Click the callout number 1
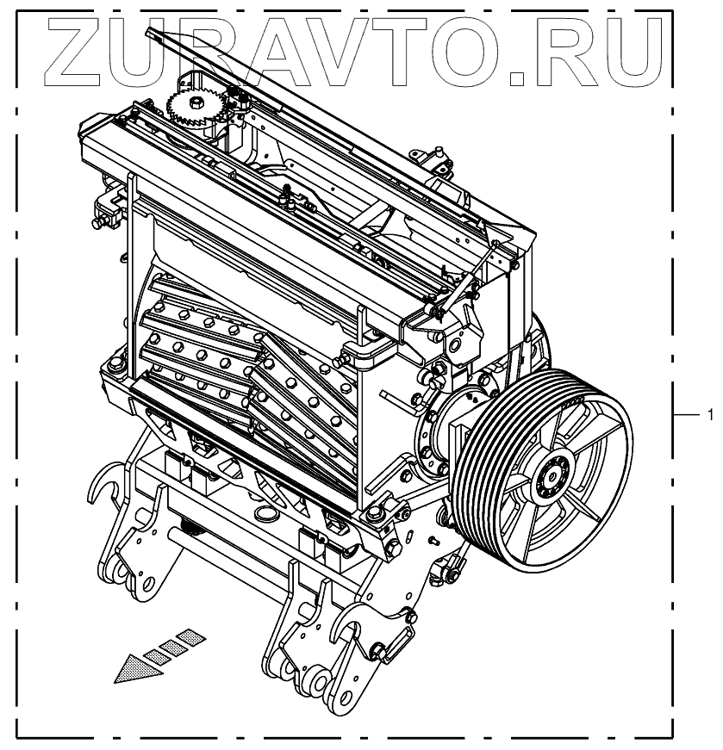coord(710,414)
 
